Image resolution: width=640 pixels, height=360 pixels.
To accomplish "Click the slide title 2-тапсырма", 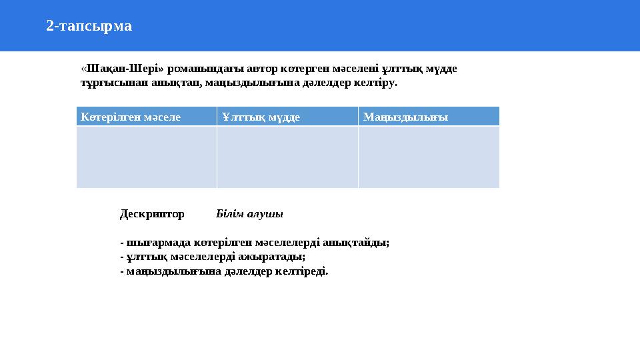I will coord(89,26).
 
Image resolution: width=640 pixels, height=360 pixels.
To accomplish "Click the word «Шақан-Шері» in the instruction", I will coord(123,69).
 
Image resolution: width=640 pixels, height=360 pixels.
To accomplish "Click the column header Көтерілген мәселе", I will coord(131,117).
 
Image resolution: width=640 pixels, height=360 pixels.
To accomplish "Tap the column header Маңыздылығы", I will coord(405,117).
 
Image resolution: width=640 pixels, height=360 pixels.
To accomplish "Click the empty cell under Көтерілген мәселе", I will coord(147,157).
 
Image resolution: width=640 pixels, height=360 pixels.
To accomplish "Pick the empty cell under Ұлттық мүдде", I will coord(287,157).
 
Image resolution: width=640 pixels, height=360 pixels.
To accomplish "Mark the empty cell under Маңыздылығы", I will coord(429,157).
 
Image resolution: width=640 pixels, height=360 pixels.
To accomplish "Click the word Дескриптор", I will coord(152,214).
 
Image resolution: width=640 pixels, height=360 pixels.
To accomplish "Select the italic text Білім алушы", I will coord(250,214).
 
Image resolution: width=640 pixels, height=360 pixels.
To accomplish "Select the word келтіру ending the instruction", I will coord(377,83).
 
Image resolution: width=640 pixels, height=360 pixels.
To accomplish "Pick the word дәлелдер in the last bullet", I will coord(247,271).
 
